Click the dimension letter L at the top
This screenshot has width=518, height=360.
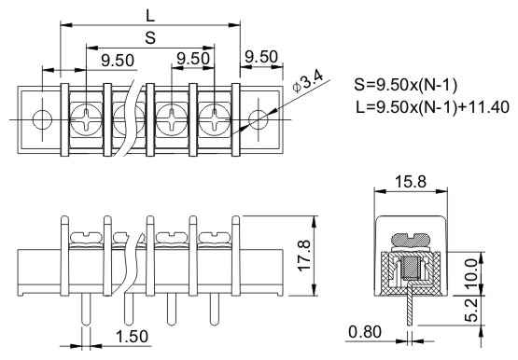pyautogui.click(x=150, y=15)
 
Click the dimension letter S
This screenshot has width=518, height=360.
pyautogui.click(x=150, y=37)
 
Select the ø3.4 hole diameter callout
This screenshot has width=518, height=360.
pyautogui.click(x=308, y=82)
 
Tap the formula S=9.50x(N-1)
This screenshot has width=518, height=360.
pyautogui.click(x=406, y=85)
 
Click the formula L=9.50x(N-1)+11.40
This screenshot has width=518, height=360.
pyautogui.click(x=433, y=107)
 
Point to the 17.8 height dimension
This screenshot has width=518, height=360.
pyautogui.click(x=304, y=256)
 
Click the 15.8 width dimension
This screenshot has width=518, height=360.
pyautogui.click(x=411, y=182)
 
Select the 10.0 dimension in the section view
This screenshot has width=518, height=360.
pyautogui.click(x=471, y=274)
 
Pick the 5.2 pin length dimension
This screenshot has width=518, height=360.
pyautogui.click(x=471, y=310)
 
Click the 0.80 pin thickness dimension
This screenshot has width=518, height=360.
pyautogui.click(x=365, y=332)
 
